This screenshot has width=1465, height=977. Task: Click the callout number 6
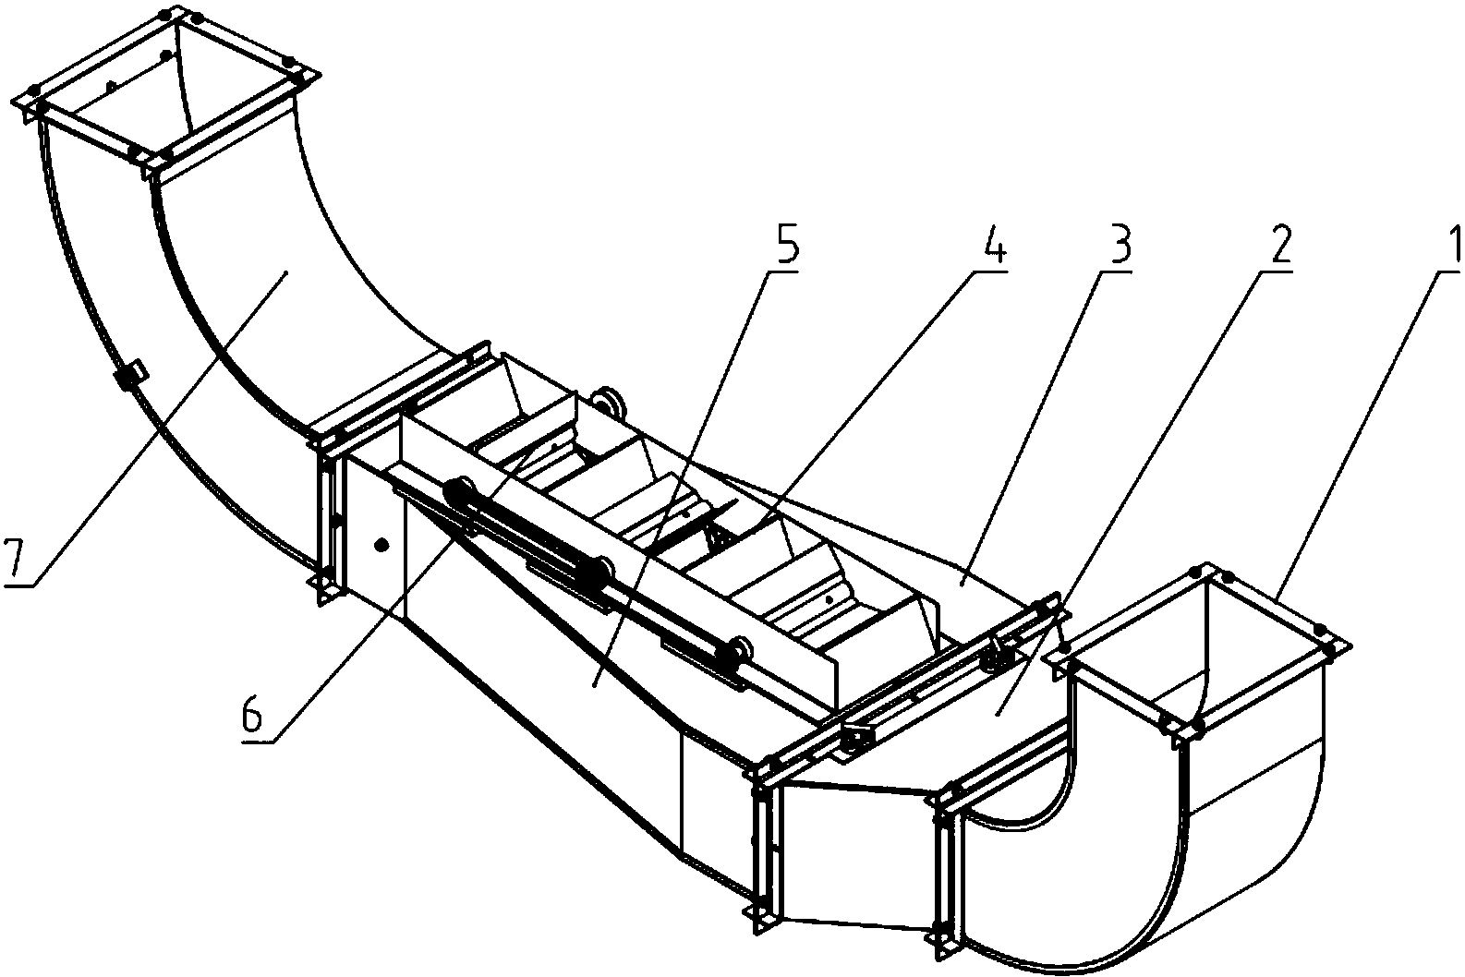(252, 717)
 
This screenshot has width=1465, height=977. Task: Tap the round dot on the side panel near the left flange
(382, 544)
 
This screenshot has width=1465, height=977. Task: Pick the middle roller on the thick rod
(599, 573)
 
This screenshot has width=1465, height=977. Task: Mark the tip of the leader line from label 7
(285, 273)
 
